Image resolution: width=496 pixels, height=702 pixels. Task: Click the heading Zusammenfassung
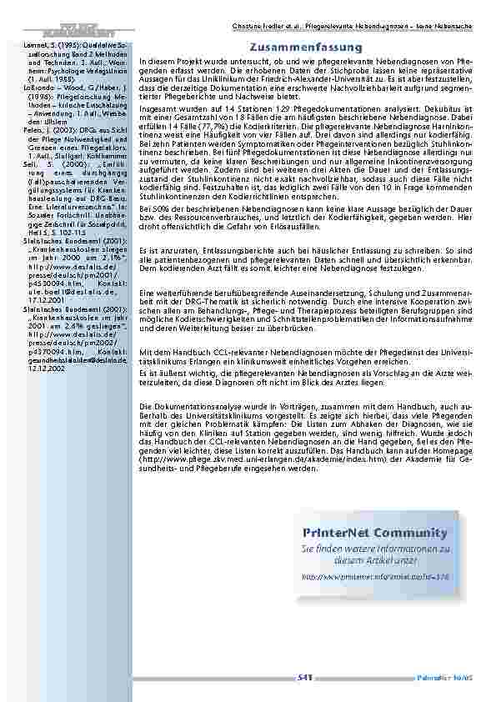click(306, 48)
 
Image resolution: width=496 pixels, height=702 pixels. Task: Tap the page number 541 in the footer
click(304, 679)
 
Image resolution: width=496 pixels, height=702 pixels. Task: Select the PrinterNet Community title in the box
click(376, 533)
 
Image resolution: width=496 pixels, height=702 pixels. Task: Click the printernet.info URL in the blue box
click(375, 576)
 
